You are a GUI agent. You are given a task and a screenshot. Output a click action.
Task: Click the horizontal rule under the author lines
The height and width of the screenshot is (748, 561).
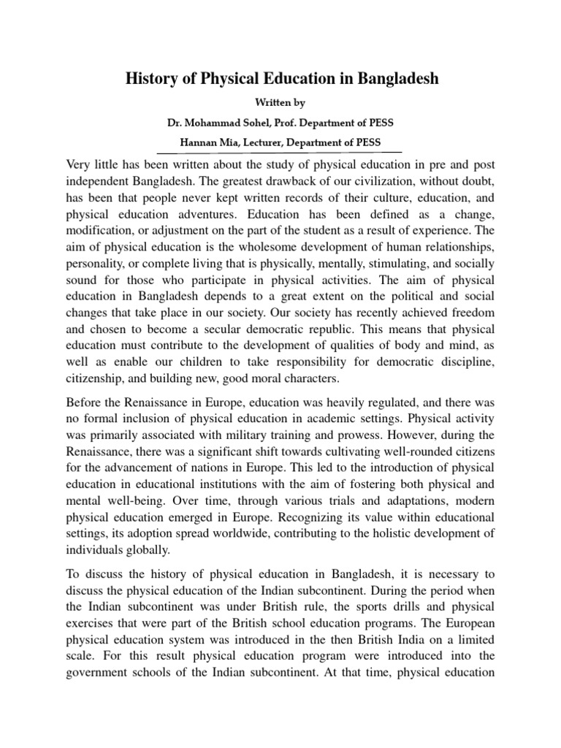pos(280,155)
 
